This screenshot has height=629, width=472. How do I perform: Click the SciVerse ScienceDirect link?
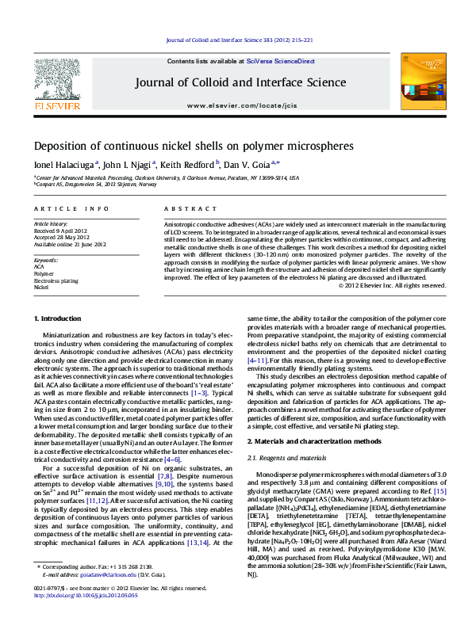280,61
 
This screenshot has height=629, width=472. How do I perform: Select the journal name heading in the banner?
240,82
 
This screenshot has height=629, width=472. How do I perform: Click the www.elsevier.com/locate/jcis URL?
240,105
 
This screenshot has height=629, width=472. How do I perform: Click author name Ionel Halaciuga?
63,164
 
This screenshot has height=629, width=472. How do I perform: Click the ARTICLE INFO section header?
71,208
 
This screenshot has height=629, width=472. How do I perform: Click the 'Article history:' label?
51,225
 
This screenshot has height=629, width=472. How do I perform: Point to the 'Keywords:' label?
46,260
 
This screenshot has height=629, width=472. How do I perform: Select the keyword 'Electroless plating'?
56,280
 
